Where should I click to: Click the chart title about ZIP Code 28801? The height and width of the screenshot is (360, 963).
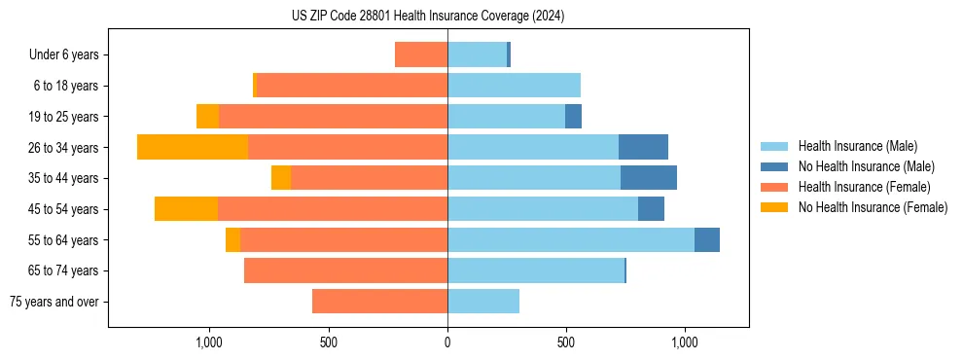[427, 17]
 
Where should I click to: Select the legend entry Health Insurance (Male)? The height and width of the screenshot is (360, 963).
[856, 146]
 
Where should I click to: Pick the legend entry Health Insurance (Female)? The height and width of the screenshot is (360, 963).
[864, 187]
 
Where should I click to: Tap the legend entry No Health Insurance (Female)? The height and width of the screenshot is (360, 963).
[873, 207]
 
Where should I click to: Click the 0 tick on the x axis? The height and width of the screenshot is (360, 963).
[447, 342]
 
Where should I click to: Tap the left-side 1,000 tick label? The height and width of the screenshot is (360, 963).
[209, 342]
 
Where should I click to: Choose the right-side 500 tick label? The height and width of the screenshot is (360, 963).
[566, 342]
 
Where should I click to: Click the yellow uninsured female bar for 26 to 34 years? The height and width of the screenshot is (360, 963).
[193, 147]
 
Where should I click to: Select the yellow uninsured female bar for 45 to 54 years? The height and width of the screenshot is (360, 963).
[186, 209]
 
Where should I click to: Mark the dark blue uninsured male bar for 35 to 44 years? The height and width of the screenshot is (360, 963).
[649, 178]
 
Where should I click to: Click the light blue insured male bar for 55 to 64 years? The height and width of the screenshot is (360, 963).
[571, 240]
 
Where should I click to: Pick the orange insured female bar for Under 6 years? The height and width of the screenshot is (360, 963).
[421, 54]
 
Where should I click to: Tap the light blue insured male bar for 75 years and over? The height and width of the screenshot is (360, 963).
[483, 302]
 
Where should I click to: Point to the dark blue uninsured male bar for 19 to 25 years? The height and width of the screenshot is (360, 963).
[573, 117]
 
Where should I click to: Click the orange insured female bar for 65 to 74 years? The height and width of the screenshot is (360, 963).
[345, 270]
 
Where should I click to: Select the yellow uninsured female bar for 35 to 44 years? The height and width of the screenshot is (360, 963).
[281, 178]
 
